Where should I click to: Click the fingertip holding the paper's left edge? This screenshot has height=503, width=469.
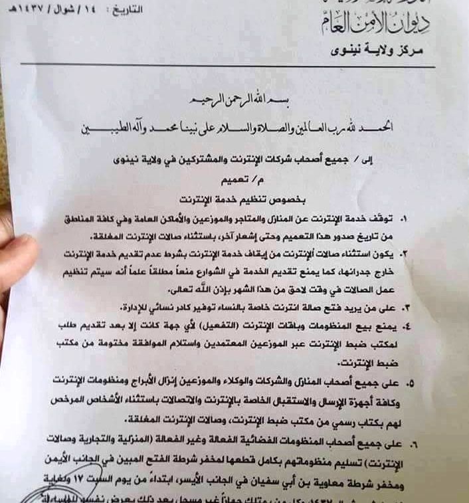click(x=17, y=256)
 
